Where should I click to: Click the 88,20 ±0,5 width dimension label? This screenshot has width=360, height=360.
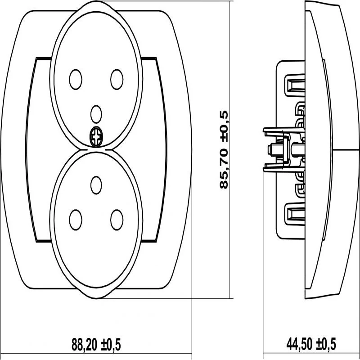[x=96, y=344]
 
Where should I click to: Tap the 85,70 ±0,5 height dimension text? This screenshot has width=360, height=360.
[x=224, y=150]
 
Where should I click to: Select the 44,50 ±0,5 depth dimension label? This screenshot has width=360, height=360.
[x=311, y=344]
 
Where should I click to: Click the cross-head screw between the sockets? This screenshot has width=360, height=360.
[x=96, y=137]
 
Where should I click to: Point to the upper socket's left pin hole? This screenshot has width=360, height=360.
[x=76, y=80]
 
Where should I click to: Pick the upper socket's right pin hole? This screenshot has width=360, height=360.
[x=117, y=80]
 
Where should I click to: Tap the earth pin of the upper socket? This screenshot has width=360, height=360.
[x=96, y=114]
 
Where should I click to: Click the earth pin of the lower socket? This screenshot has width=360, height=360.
[x=96, y=185]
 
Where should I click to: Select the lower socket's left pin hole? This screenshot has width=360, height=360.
[x=76, y=220]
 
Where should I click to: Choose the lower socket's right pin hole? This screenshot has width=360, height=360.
[x=117, y=220]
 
